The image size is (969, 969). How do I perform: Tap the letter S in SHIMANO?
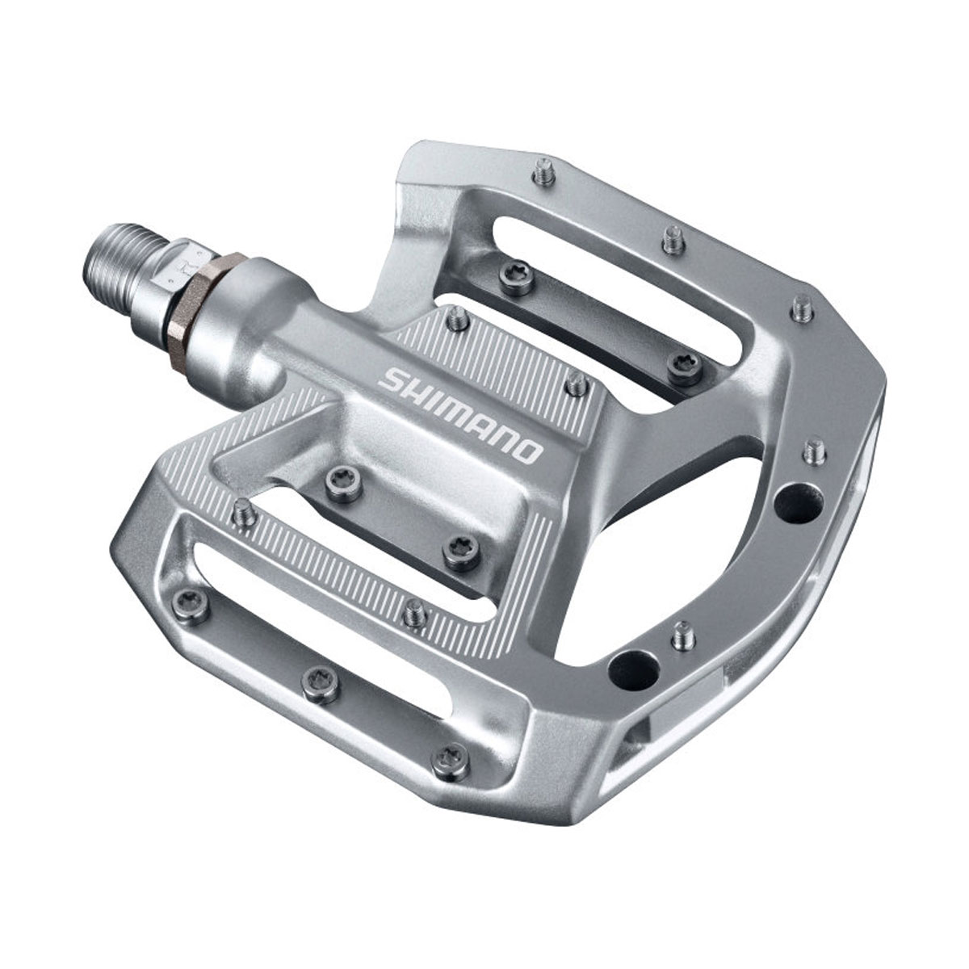tap(392, 377)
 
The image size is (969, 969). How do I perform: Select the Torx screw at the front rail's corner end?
tap(442, 756)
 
